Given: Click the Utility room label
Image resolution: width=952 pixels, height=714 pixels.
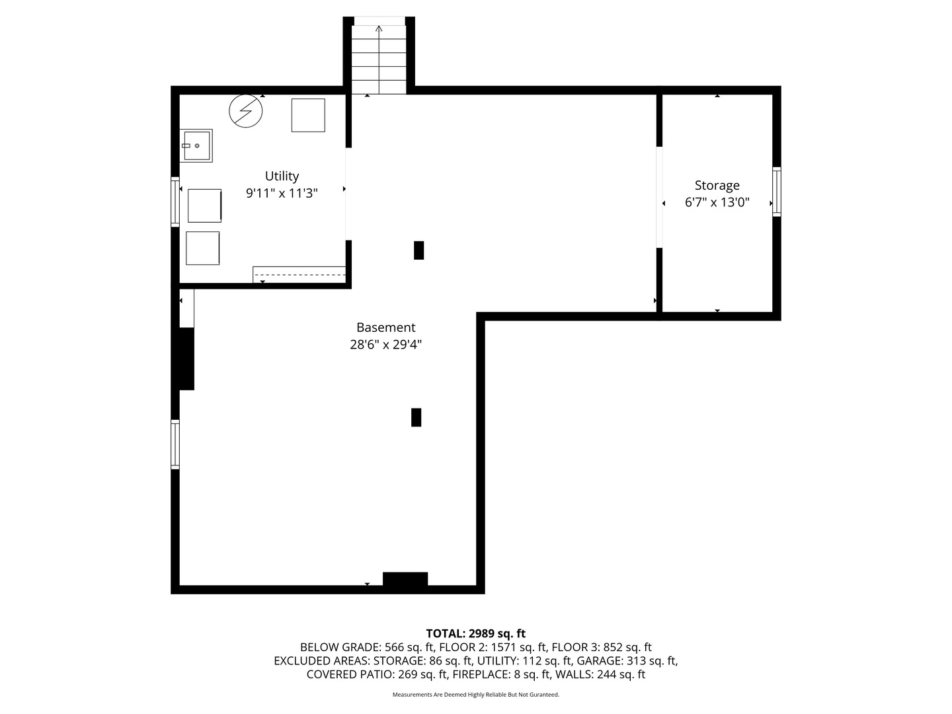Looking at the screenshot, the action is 282,176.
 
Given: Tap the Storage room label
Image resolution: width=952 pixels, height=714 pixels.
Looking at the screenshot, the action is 717,186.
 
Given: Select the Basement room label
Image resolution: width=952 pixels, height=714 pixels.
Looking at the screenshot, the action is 385,327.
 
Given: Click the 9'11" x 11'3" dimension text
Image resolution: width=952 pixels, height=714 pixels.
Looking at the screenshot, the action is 282,193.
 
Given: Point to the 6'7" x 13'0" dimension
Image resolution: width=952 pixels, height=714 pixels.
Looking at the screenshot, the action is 717,202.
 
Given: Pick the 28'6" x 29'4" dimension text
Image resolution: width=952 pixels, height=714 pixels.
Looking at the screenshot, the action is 385,344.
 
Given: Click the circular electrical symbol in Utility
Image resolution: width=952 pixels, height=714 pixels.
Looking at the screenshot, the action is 245,111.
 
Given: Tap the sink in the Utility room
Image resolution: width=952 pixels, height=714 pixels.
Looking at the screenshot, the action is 196,145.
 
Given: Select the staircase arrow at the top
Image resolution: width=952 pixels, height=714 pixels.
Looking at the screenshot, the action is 379,59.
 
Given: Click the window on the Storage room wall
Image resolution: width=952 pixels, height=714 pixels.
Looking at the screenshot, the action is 776,192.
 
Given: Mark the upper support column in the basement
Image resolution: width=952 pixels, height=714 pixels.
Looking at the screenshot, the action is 418,250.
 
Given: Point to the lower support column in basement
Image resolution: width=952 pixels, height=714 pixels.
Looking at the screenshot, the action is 416,417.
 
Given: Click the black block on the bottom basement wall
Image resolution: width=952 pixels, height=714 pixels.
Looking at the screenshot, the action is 405,579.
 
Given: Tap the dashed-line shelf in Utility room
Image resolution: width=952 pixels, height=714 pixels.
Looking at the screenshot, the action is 299,275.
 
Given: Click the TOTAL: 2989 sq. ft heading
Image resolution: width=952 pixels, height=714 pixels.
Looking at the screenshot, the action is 476,633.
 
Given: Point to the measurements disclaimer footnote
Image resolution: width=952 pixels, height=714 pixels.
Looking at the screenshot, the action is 476,694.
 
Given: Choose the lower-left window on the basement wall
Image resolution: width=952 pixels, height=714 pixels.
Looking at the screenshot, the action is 175,444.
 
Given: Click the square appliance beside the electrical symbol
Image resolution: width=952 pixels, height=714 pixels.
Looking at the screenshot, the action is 308,115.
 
